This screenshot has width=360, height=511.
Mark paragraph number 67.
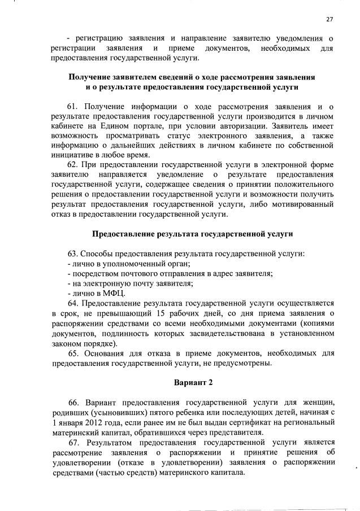click(75, 442)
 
